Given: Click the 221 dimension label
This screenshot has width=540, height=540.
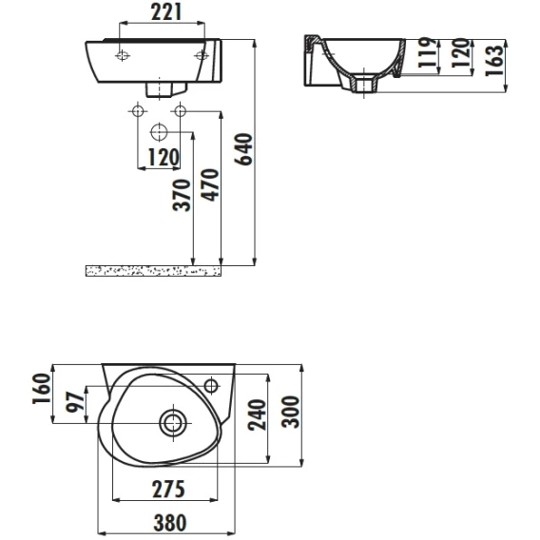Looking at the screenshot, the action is coord(166,12).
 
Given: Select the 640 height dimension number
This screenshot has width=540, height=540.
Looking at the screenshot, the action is coord(243,149).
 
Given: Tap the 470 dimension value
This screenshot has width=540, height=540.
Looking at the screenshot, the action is coord(210,184).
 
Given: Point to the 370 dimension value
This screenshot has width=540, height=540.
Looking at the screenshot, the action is coord(182,195).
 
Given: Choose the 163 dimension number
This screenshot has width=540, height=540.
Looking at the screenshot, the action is coord(494,60).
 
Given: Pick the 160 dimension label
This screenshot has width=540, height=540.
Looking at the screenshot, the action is coord(41,388).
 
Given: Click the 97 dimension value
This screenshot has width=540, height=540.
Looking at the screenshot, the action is coord(75,402).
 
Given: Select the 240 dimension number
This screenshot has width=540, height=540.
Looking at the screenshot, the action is coord(257,415).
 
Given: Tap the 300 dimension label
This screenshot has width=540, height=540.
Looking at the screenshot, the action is coord(290,412).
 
